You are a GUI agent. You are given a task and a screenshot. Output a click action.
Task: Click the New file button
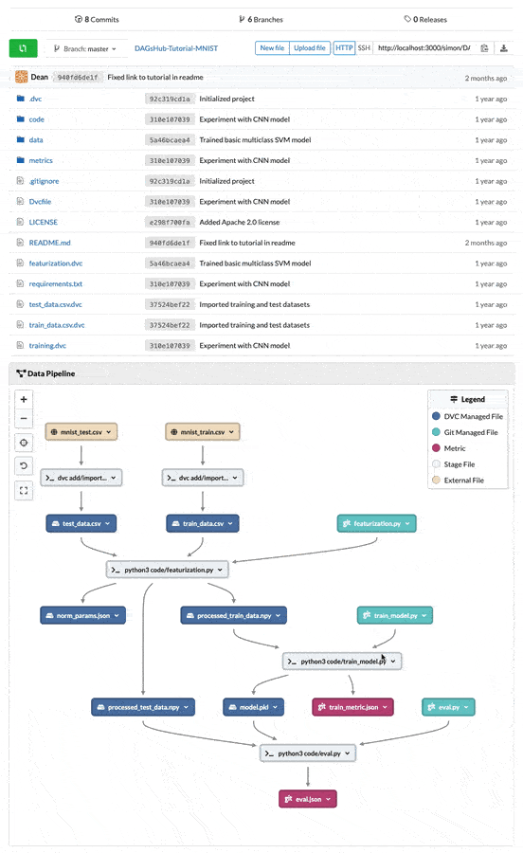[x=272, y=48]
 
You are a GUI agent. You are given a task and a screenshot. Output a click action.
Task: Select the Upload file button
[x=310, y=48]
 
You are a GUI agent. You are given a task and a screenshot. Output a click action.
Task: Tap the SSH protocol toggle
[x=364, y=48]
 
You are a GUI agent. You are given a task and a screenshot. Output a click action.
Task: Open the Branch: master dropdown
[x=85, y=49]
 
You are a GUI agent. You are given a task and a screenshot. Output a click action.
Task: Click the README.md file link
[x=49, y=243]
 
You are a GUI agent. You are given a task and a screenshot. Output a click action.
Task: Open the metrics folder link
[x=41, y=160]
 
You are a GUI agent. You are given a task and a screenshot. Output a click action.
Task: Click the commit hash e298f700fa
[x=170, y=223]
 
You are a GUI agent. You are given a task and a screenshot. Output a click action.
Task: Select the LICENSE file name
[x=43, y=222]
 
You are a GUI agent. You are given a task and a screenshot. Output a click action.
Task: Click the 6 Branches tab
[x=261, y=20]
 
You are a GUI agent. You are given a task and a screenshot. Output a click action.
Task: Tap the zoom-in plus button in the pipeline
[x=24, y=399]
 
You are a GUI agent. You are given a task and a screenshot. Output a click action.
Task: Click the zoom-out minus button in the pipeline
[x=24, y=418]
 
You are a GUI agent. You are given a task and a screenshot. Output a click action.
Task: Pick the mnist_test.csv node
[x=81, y=432]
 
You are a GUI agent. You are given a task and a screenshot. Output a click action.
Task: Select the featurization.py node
[x=376, y=523]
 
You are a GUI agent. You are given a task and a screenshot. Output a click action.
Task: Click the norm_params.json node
[x=82, y=615]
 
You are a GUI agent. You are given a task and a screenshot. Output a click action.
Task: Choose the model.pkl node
[x=253, y=707]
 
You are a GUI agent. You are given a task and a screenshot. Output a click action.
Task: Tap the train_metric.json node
[x=352, y=707]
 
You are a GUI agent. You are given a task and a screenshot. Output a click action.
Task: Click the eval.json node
[x=308, y=799]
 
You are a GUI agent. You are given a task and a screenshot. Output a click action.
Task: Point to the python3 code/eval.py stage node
[x=308, y=753]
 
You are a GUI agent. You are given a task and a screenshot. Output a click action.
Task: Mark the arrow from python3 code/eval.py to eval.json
[x=308, y=776]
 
